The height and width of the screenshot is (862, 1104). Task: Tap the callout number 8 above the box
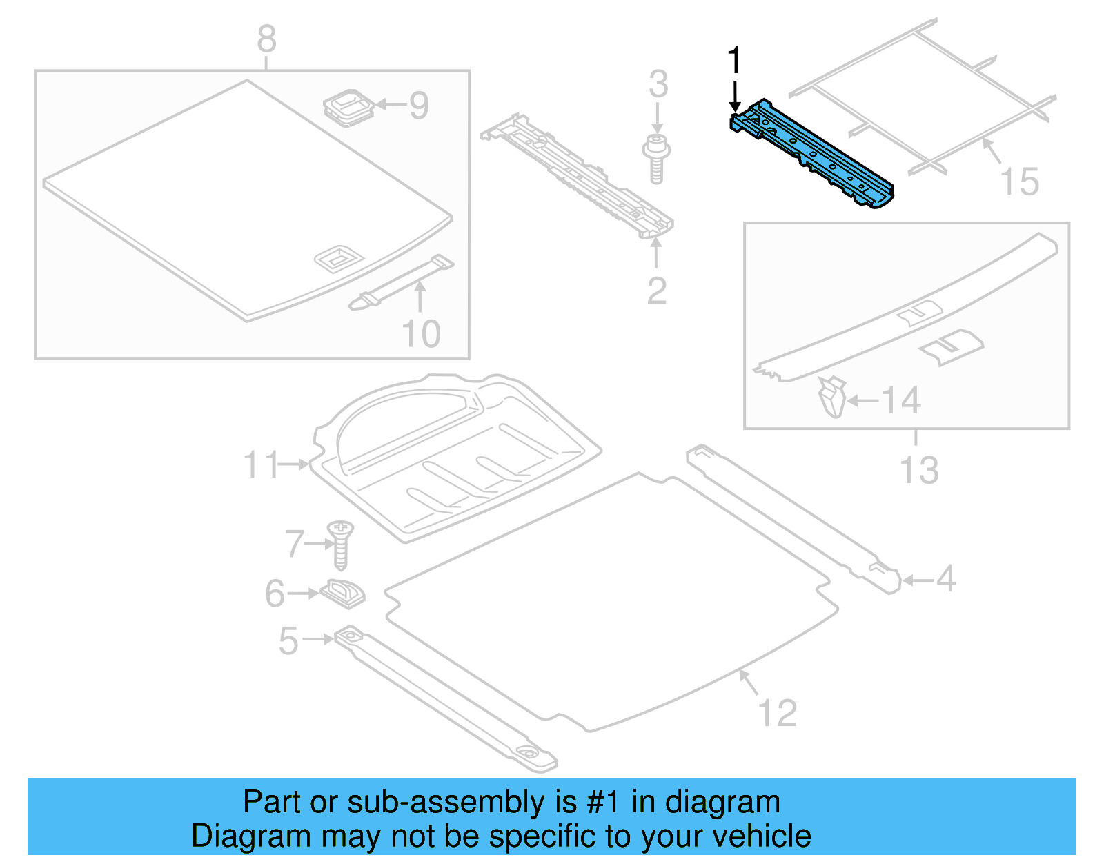coord(267,39)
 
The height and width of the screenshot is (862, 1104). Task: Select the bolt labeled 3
coord(656,159)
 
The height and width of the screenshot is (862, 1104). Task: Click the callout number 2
coord(656,291)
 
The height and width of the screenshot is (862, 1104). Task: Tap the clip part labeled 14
coord(833,398)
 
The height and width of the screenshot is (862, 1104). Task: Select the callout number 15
coord(1019,182)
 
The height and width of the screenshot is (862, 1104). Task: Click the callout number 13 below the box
coord(918,471)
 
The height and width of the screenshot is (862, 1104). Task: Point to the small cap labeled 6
coord(343,593)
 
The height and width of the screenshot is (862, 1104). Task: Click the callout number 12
coord(777,713)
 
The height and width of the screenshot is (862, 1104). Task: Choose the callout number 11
coord(261,464)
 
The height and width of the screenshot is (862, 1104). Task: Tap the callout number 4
coord(946,578)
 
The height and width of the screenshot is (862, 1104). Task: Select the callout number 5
coord(288,640)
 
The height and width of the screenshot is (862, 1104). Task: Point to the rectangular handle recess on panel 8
coord(338,258)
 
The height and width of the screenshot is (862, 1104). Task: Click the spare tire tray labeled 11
coord(455,456)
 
